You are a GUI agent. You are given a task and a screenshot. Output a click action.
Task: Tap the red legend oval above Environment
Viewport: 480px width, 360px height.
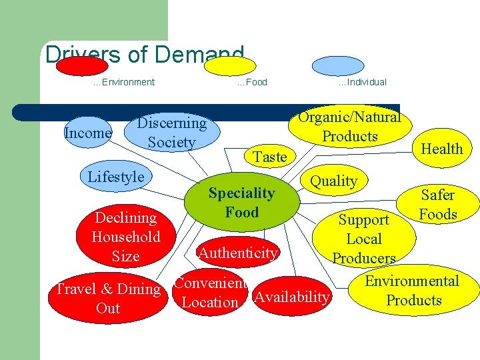click(81, 66)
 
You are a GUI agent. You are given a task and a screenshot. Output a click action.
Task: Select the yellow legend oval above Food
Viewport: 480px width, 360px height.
click(229, 66)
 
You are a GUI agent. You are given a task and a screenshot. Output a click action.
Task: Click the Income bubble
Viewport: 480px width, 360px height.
click(87, 133)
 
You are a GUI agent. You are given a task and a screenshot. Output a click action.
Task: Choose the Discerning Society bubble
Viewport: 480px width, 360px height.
click(171, 132)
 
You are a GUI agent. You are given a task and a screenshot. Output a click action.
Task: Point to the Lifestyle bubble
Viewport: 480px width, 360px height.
click(116, 177)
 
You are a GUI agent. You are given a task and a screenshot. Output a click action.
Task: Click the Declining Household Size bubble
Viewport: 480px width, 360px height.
click(126, 237)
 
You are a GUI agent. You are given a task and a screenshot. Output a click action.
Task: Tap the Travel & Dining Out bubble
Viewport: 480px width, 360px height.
click(108, 298)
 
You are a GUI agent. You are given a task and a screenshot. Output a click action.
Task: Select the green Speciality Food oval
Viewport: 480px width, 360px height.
click(241, 203)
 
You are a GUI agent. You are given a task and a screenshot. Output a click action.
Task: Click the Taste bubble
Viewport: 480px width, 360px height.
click(269, 157)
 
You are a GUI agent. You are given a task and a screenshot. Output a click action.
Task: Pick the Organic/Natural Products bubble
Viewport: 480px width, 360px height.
click(349, 127)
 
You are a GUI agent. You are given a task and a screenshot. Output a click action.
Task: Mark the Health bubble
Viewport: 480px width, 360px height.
click(441, 149)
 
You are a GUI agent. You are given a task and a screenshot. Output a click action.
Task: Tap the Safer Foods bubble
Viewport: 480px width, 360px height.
click(437, 205)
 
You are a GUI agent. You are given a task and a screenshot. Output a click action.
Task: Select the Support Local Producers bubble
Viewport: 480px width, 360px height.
click(363, 238)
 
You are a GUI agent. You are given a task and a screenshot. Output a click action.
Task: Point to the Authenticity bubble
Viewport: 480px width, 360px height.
click(237, 253)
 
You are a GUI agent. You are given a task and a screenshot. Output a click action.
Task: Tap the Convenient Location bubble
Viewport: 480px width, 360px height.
click(209, 293)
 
